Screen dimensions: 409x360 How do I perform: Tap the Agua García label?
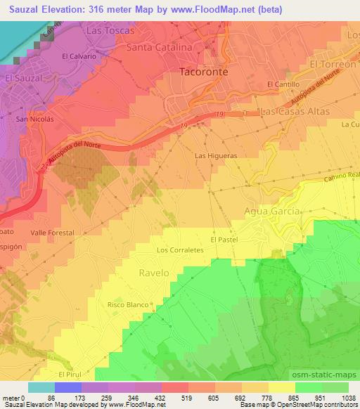pyautogui.click(x=272, y=211)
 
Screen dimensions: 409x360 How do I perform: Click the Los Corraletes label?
pyautogui.click(x=180, y=249)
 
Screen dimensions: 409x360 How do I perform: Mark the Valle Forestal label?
pyautogui.click(x=48, y=231)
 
